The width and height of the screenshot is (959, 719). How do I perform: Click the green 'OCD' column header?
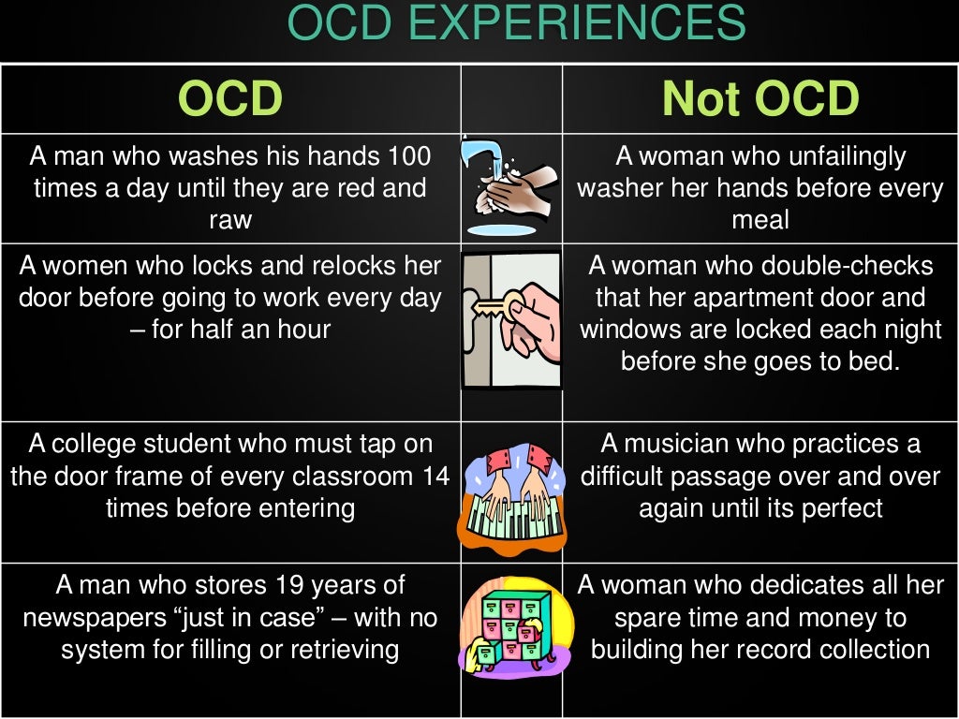230,99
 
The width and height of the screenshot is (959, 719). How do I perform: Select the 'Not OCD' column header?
760,99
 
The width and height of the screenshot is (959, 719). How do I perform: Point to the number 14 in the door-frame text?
435,476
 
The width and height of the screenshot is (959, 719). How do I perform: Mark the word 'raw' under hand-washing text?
230,219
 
